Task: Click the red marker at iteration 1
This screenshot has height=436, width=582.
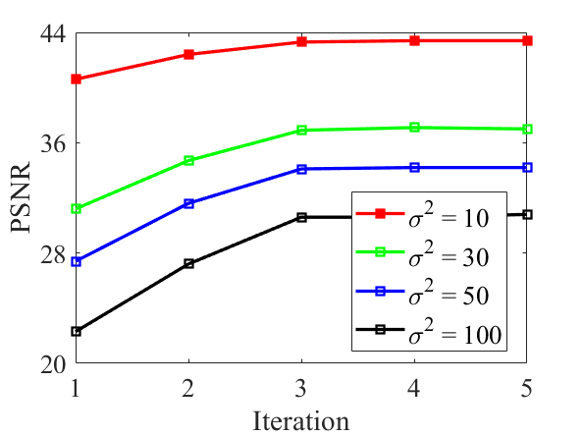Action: click(x=76, y=79)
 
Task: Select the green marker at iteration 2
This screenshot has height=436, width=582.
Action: click(x=188, y=160)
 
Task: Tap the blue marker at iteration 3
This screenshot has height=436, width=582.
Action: click(x=301, y=169)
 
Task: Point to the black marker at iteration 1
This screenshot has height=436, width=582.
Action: click(x=76, y=331)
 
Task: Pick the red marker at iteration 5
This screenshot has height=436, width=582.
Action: click(x=527, y=40)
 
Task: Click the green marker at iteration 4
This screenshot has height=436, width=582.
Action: click(x=414, y=127)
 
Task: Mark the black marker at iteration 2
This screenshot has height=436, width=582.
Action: click(x=188, y=263)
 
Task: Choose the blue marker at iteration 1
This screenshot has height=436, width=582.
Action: click(x=76, y=261)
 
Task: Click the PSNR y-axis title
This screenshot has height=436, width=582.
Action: click(x=22, y=197)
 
